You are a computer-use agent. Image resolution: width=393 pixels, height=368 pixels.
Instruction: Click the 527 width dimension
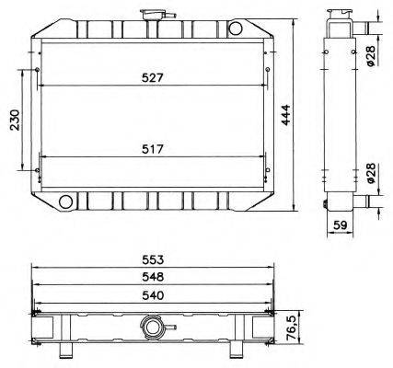pyautogui.click(x=153, y=78)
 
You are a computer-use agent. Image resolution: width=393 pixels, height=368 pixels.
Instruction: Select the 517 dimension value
pyautogui.click(x=153, y=148)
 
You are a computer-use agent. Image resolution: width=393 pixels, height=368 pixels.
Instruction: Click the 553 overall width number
pyautogui.click(x=153, y=259)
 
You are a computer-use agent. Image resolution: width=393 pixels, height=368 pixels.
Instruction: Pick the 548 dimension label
pyautogui.click(x=153, y=276)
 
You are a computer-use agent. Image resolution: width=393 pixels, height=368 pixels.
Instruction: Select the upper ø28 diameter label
pyautogui.click(x=369, y=55)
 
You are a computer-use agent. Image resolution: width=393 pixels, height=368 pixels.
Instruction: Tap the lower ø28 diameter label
pyautogui.click(x=369, y=175)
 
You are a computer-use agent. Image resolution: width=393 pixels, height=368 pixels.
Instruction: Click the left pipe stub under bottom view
pyautogui.click(x=66, y=351)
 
